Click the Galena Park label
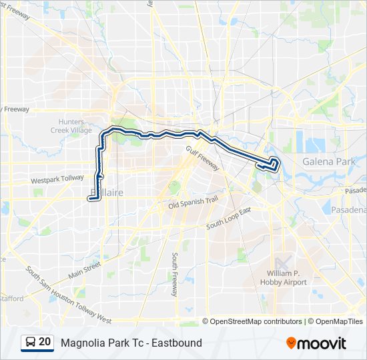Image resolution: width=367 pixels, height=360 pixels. pos(328,161)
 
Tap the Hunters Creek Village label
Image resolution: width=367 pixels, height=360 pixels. pos(71,126)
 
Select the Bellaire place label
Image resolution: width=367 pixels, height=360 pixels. pos(105,193)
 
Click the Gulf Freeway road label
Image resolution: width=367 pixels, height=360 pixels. pos(202,158)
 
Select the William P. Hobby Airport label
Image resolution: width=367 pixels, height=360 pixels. pos(287,278)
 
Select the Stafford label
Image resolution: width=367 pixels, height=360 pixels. pos(11,298)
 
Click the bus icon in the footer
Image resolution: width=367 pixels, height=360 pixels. pos(31,343)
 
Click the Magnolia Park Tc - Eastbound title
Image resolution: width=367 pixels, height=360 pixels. pos(131,343)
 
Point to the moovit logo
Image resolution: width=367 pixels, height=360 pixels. pos(316,343)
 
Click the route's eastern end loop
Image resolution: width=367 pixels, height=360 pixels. pos(274,164)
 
